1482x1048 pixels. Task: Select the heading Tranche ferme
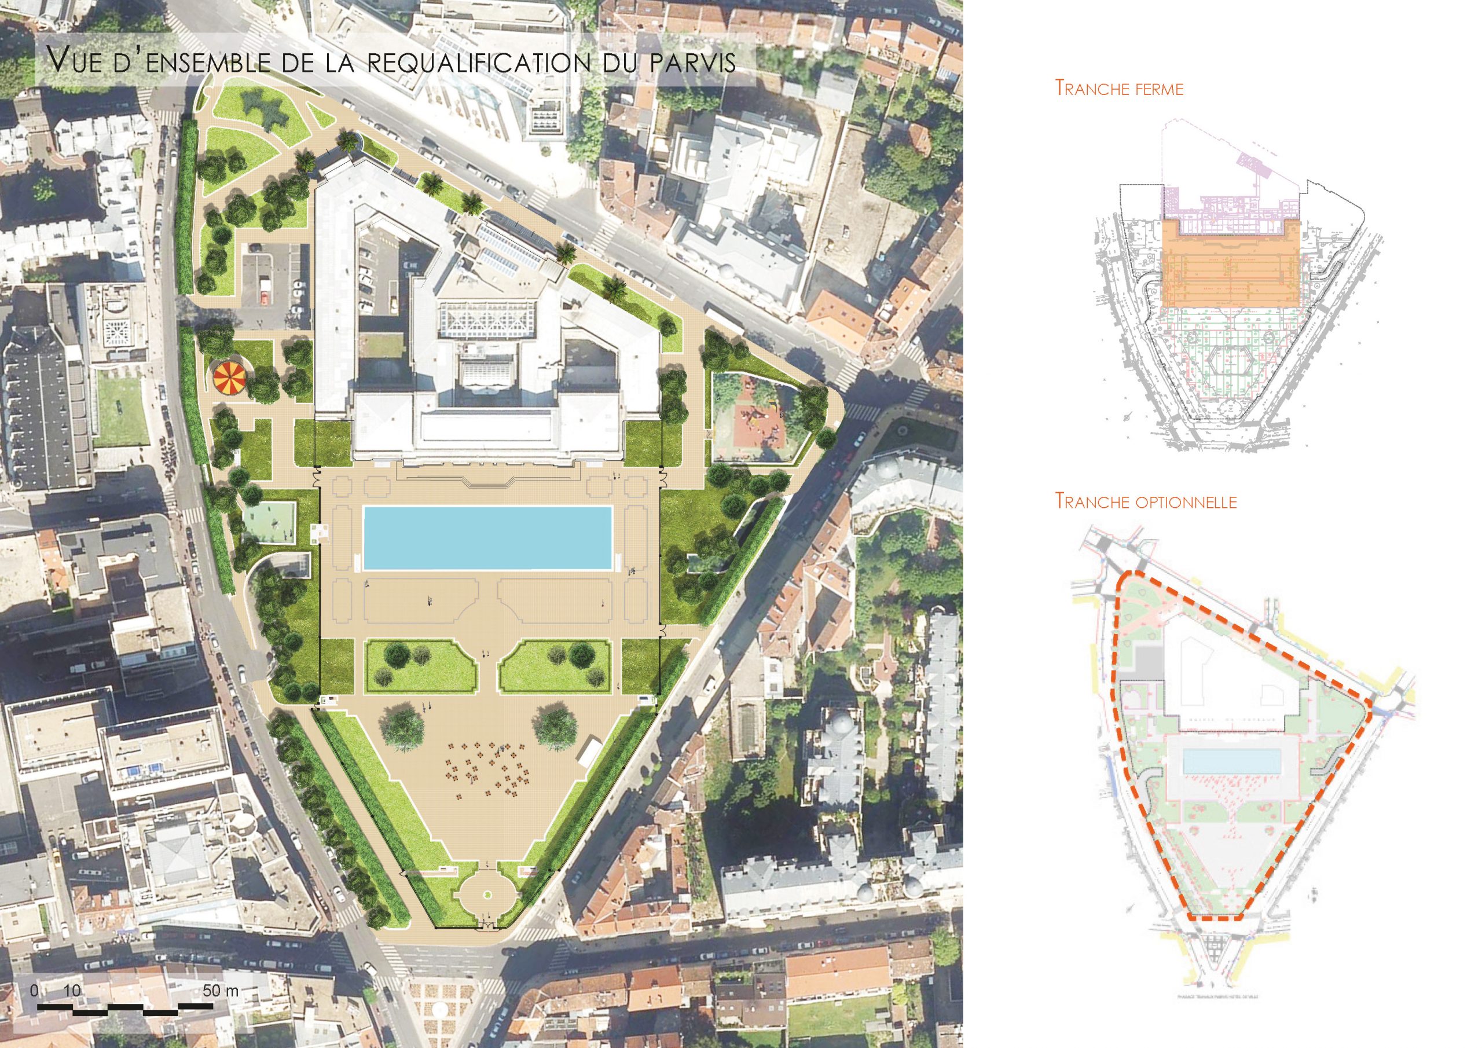pos(1118,89)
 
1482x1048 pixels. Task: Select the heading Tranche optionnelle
pos(1146,500)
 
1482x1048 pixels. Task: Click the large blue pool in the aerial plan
pos(487,537)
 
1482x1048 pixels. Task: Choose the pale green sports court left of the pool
pos(270,523)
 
